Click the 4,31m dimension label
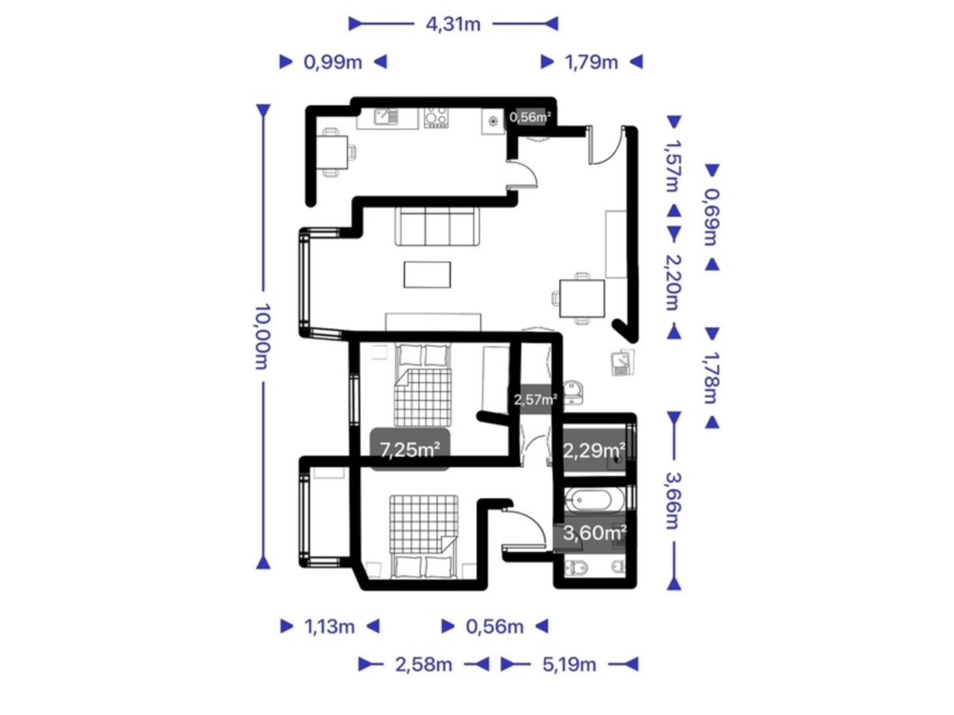[x=453, y=25]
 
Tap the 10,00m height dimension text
[x=262, y=337]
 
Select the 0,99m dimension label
[x=332, y=63]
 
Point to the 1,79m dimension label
[x=591, y=63]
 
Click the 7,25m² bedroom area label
[x=410, y=450]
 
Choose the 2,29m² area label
[x=594, y=451]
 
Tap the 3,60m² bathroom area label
[x=594, y=533]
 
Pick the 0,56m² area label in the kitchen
[x=530, y=117]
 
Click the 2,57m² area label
[x=535, y=399]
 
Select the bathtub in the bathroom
[x=593, y=500]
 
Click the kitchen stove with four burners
[x=435, y=118]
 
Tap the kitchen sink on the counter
[x=385, y=116]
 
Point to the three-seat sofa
[x=437, y=226]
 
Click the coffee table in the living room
[x=427, y=274]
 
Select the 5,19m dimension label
[x=569, y=664]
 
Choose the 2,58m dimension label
[x=424, y=664]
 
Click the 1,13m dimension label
[x=329, y=626]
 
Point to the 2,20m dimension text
[x=673, y=282]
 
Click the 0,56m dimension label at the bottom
[x=495, y=626]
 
